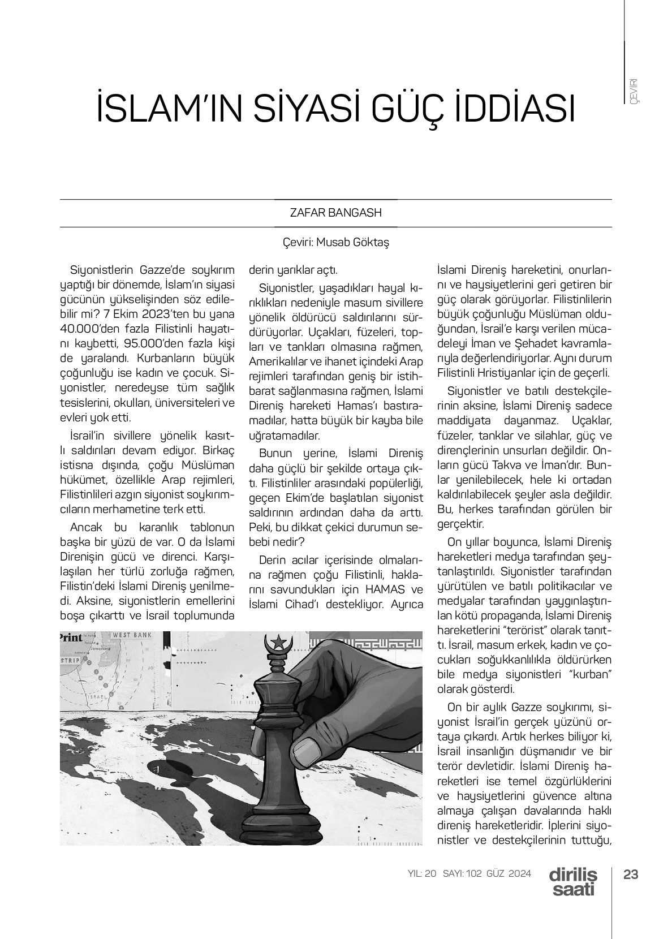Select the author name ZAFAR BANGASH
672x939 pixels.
335,213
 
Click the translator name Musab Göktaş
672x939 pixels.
352,242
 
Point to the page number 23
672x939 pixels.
630,874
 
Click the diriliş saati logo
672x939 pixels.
572,881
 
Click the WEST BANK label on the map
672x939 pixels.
132,636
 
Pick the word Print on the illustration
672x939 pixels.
71,637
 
